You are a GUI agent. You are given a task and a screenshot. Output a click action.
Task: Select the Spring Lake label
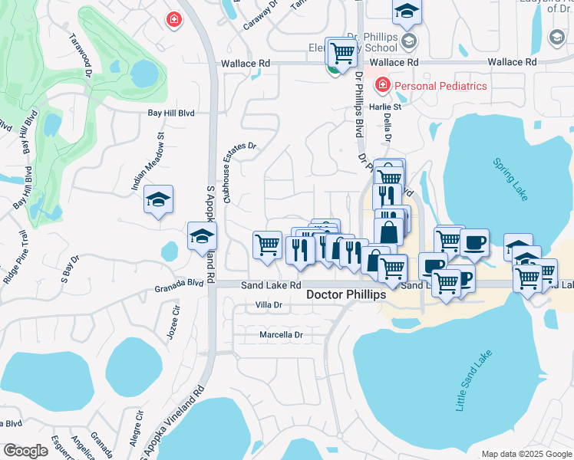coord(511,179)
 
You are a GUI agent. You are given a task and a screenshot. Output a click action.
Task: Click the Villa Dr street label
coord(269,305)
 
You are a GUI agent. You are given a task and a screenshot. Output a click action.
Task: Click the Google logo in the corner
coord(25,450)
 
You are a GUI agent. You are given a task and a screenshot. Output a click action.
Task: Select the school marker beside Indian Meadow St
coord(158,201)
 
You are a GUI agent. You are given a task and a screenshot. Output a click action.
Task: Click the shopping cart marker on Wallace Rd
coord(341,53)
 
